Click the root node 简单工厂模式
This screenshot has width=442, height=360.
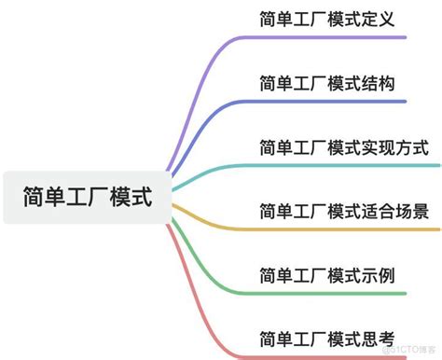coord(86,198)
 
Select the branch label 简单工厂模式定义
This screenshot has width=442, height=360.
coord(327,19)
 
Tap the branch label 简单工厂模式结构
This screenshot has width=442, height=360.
coord(327,83)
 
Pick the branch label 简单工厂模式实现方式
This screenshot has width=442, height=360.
coord(344,147)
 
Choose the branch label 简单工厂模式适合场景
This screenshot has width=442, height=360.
coord(344,211)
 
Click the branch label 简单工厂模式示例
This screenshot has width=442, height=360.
coord(327,275)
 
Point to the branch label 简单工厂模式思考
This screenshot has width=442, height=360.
coord(327,339)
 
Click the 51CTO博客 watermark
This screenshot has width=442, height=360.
coord(415,350)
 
